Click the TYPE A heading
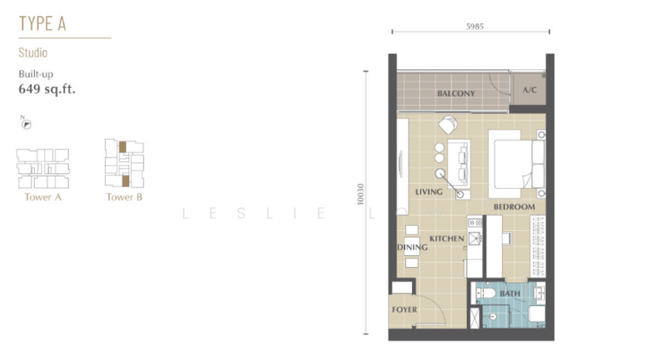pos(42,23)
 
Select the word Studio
pos(33,53)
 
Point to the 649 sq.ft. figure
pos(47,90)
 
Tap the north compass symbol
pos(26,123)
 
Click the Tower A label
pos(43,197)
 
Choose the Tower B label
pos(124,197)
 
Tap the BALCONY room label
pos(455,94)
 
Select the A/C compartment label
pos(530,90)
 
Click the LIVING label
pos(429,192)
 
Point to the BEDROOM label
pos(514,207)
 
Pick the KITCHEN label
pos(446,239)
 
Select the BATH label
pos(510,294)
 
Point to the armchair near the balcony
pos(448,125)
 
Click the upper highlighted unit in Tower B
pos(123,148)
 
